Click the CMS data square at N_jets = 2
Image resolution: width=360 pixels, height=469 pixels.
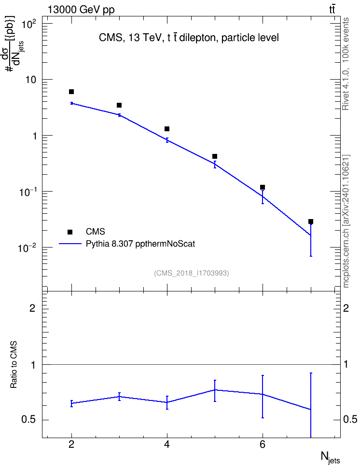point(71,92)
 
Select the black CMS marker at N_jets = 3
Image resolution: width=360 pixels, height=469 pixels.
point(119,105)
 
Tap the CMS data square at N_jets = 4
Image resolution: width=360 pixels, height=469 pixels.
point(167,129)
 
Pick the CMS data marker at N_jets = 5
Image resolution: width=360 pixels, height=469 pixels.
point(215,156)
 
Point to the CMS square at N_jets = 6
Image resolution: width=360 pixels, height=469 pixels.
point(263,187)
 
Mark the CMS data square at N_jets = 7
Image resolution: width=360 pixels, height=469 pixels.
point(311,221)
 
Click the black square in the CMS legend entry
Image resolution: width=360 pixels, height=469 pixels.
point(70,232)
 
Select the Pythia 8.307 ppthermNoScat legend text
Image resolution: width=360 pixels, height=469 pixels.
point(140,244)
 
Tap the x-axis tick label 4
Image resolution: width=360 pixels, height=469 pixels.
point(167,444)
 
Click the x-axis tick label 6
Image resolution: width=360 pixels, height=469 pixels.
point(263,444)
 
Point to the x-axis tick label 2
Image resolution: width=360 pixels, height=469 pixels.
point(71,444)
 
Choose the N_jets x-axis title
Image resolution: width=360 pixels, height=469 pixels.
point(330,457)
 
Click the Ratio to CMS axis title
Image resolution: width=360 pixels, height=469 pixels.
point(14,364)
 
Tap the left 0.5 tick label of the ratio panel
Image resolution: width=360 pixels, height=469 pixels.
point(28,419)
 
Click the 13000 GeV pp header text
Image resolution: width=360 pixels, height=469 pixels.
point(81,10)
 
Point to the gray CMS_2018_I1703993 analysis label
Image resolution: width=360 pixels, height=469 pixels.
point(192,273)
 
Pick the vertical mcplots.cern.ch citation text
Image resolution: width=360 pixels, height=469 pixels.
point(346,221)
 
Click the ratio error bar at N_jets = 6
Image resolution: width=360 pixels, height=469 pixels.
point(263,396)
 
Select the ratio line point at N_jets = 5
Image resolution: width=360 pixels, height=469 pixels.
point(215,390)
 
